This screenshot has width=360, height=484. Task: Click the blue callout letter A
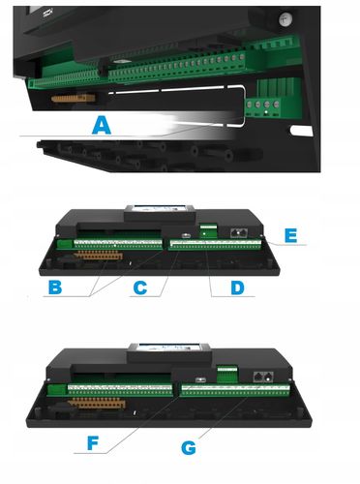coord(102,126)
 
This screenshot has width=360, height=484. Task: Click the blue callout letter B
coord(55,287)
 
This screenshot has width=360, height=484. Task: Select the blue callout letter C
coord(140,287)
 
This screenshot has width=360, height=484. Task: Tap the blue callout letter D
coord(238,287)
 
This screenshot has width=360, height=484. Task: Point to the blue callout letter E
coord(290,235)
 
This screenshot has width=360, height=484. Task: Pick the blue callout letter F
coord(93,443)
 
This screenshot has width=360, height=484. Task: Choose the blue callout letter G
coord(189,448)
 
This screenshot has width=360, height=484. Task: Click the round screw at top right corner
coord(285,19)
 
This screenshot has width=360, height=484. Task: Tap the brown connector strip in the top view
coord(74,98)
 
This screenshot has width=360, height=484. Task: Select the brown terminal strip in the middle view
coord(99,255)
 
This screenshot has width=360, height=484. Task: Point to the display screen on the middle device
coord(161,208)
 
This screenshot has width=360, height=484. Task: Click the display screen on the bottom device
coord(169,348)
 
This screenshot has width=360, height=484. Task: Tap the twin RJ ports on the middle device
coord(239,232)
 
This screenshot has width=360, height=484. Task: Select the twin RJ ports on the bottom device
coord(263,377)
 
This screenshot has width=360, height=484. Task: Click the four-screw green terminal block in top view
coord(262,107)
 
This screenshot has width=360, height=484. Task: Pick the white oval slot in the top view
coord(302,131)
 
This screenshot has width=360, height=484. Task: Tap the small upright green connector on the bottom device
coord(227,374)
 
